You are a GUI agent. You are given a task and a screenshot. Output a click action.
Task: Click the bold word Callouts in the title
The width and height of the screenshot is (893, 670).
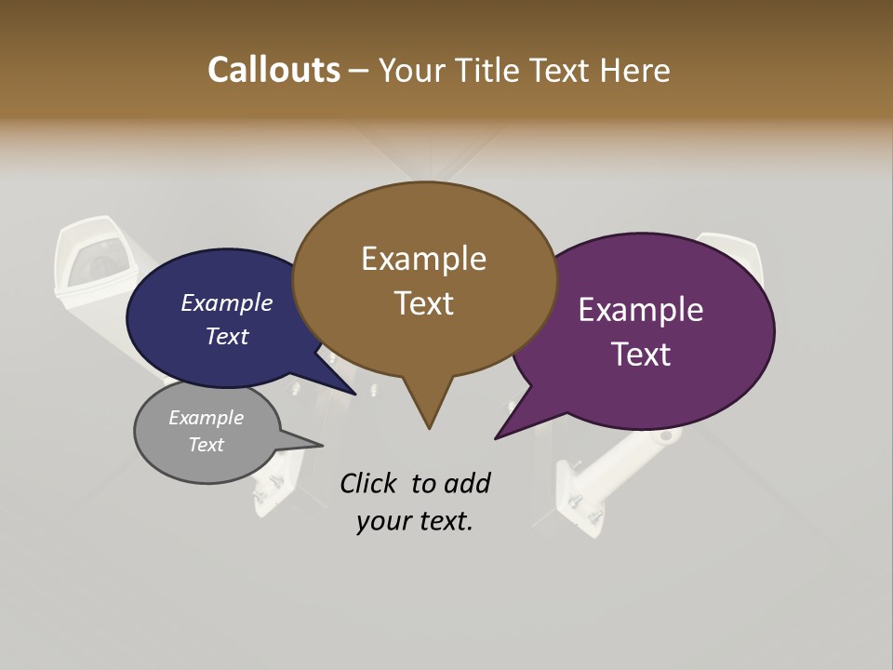[x=273, y=70]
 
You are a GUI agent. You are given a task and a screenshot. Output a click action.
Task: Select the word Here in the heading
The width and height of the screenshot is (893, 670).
[x=636, y=70]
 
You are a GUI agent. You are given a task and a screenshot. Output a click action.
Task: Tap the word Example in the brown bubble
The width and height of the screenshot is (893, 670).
[x=423, y=259]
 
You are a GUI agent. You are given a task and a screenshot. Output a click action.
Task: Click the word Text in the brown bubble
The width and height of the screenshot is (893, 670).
[x=423, y=303]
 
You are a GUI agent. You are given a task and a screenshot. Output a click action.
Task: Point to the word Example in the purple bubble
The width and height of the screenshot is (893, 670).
[x=640, y=310]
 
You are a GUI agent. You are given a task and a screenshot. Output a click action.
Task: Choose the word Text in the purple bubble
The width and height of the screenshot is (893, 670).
[x=640, y=355]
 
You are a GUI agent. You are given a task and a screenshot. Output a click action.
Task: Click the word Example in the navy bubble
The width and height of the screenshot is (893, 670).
[x=226, y=303]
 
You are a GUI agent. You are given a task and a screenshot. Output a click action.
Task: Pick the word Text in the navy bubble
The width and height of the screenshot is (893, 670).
[x=226, y=336]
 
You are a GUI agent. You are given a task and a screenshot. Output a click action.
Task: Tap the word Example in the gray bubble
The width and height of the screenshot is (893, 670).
[x=206, y=418]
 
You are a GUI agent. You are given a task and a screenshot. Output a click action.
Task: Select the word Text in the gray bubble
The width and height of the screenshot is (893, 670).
[x=206, y=445]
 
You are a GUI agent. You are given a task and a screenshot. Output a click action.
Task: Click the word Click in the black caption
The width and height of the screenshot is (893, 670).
[x=371, y=483]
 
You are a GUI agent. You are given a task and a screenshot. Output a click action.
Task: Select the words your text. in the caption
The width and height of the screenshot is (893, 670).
[x=414, y=521]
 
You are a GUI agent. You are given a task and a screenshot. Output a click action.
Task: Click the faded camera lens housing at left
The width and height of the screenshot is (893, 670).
[x=93, y=261]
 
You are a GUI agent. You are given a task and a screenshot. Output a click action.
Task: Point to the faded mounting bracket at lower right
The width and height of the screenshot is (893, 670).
[x=581, y=493]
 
